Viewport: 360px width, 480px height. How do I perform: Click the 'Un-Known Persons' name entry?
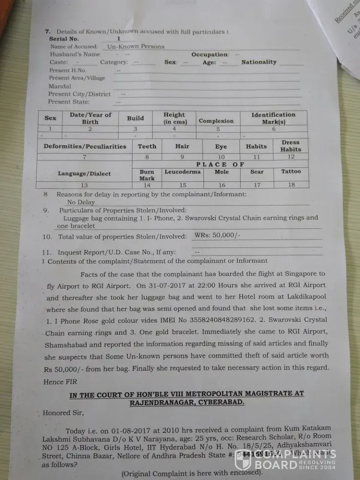coord(135,47)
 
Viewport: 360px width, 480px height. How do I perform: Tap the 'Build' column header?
coord(135,118)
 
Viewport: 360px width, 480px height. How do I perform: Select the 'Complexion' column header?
coord(216,121)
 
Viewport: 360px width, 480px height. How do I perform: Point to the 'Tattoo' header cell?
coord(291,171)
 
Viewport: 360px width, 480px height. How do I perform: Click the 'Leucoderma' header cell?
coord(182,171)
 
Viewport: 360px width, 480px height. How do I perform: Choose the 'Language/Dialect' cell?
coord(84,174)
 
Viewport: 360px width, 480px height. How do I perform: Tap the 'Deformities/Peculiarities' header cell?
coord(85,146)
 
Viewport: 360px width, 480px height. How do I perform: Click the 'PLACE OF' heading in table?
coord(220,164)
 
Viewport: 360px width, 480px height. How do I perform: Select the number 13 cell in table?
coord(84,185)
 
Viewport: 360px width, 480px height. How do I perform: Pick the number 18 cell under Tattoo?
coord(291,185)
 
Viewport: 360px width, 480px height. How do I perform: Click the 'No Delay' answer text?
coord(81,202)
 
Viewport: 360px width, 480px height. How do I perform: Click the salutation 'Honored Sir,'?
coord(63,412)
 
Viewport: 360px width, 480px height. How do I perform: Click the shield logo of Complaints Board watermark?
coord(242,460)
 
